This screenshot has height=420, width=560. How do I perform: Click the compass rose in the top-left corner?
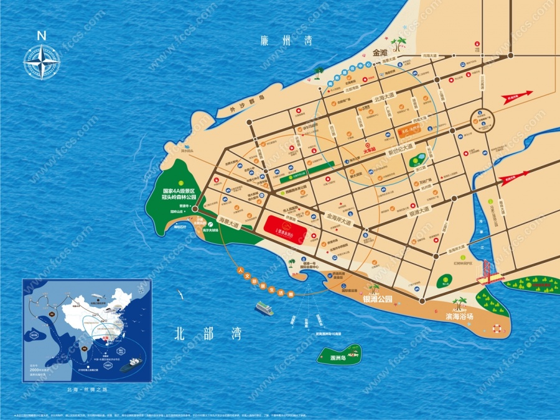point(42,61)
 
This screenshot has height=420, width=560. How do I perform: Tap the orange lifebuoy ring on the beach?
point(497,329)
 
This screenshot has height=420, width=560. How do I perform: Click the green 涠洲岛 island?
point(340,355)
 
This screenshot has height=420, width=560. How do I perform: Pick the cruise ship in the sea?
point(264,308)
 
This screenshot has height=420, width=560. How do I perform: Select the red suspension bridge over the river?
point(488,272)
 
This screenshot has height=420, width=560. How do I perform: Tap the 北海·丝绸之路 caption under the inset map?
point(86,390)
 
